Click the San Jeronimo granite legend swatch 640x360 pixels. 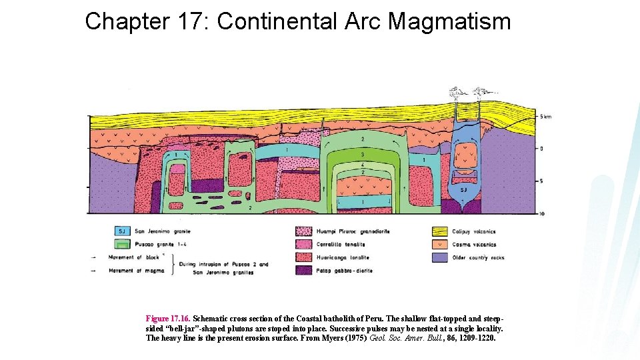click(x=122, y=231)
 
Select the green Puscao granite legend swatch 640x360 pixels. click(x=122, y=244)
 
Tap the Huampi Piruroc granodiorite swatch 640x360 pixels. click(x=304, y=231)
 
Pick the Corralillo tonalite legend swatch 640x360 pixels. click(x=304, y=244)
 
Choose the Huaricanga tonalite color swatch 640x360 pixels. click(x=304, y=257)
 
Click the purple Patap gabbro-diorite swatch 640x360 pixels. click(x=304, y=271)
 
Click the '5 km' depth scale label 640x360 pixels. click(x=545, y=117)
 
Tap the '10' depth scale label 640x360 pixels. click(x=543, y=213)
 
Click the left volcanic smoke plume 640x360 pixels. click(x=458, y=92)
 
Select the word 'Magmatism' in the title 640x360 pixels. click(x=450, y=22)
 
